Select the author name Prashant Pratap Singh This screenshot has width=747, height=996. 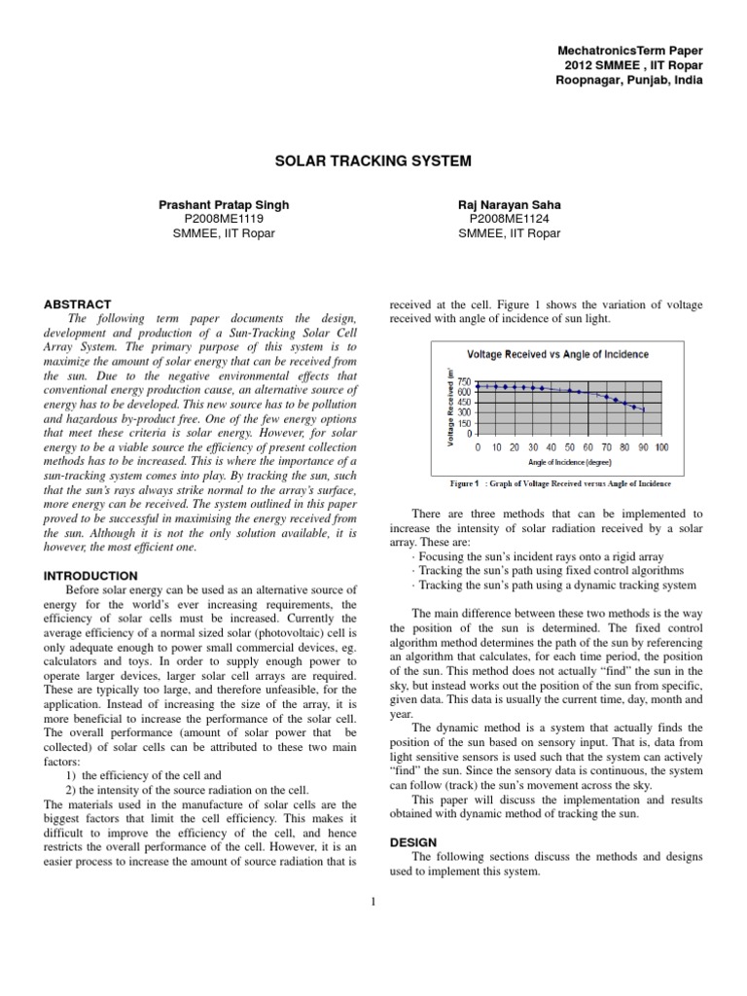pyautogui.click(x=223, y=204)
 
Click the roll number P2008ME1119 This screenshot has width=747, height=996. pyautogui.click(x=223, y=219)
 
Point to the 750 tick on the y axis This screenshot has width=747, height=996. pyautogui.click(x=463, y=382)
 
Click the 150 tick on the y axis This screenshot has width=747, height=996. pyautogui.click(x=463, y=423)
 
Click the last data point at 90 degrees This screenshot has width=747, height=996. pyautogui.click(x=643, y=410)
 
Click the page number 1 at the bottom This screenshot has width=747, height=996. pyautogui.click(x=373, y=901)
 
